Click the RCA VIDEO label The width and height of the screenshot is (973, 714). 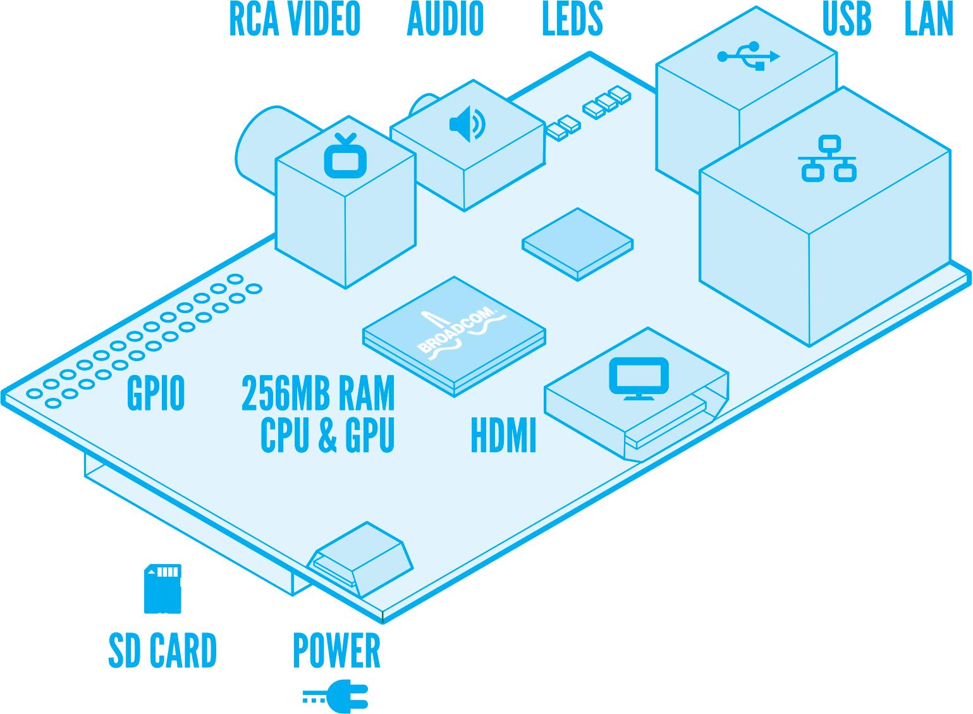click(x=295, y=20)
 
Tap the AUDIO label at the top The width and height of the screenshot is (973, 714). click(x=445, y=20)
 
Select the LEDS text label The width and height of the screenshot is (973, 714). click(x=573, y=20)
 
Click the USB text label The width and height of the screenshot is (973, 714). click(x=847, y=20)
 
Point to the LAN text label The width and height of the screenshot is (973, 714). click(x=929, y=20)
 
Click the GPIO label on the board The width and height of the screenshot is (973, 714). click(x=156, y=394)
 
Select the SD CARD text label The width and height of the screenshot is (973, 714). click(x=162, y=650)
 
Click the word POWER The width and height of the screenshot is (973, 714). click(x=336, y=650)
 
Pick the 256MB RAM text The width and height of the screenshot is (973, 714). click(x=318, y=394)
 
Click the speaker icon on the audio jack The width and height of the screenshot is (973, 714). click(x=467, y=124)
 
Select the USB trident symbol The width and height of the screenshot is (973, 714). click(x=749, y=56)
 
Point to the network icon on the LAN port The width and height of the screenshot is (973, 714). click(x=827, y=159)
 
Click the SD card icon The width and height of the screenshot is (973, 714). click(x=162, y=589)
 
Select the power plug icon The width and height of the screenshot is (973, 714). click(x=335, y=696)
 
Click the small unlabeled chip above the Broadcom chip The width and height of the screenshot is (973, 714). click(x=578, y=244)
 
